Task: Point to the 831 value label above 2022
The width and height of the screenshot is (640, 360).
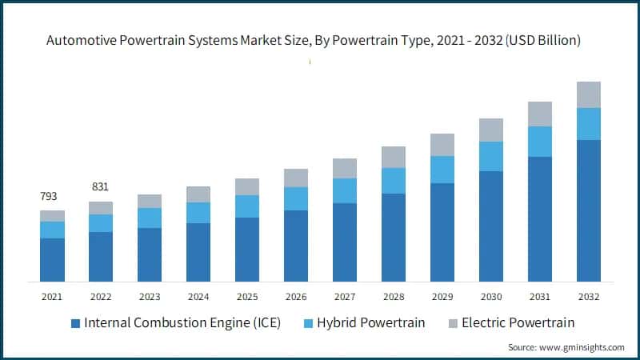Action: click(x=101, y=186)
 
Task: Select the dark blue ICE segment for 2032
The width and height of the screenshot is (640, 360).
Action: click(x=589, y=210)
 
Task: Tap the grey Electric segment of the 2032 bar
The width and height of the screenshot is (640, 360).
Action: click(x=589, y=94)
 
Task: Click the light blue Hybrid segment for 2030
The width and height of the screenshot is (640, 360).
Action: click(x=491, y=156)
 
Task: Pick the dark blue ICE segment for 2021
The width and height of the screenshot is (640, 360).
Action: click(x=52, y=259)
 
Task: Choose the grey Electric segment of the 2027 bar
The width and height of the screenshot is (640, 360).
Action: click(x=345, y=168)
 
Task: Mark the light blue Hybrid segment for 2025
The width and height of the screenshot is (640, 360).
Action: click(x=247, y=206)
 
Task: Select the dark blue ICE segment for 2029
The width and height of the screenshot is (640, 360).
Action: click(x=442, y=232)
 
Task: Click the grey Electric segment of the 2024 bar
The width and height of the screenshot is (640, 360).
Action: click(x=198, y=194)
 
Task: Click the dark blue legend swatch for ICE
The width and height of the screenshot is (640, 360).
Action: click(x=75, y=323)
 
